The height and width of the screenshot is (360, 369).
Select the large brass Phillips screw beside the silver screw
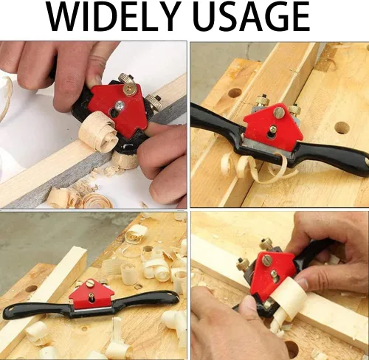coord(129,89)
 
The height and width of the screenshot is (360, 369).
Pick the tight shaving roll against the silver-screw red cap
coord(98,132)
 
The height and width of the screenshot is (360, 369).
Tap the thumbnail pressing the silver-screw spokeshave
coord(94,80)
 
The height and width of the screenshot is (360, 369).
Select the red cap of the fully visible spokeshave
coord(91,294)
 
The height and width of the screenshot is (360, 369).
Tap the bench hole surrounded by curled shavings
coord(148,249)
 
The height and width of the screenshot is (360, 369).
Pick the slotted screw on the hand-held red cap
coord(267,259)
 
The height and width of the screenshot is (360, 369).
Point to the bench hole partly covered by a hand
coord(292,349)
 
